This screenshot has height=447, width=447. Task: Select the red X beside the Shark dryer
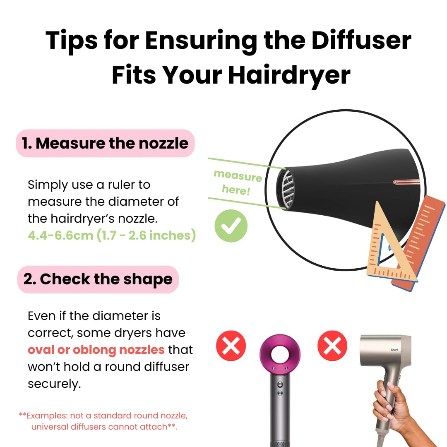click(x=332, y=345)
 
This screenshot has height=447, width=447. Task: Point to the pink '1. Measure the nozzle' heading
click(x=105, y=143)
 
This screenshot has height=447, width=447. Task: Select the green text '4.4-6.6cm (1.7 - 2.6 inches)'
click(x=112, y=235)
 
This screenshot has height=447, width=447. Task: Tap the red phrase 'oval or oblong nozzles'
click(x=96, y=350)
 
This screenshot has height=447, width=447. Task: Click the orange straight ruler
click(x=418, y=240)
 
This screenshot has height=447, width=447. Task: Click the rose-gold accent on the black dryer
click(x=406, y=182)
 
